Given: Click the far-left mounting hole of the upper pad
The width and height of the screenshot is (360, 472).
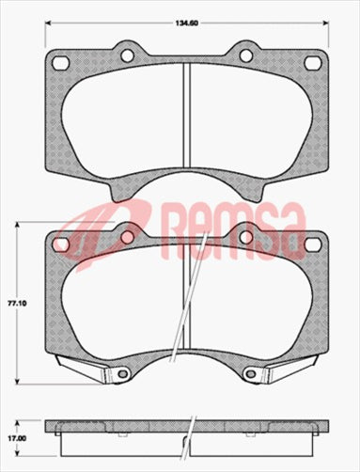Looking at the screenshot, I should [62, 63].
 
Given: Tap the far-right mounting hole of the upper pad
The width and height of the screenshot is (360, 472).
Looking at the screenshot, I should [312, 63].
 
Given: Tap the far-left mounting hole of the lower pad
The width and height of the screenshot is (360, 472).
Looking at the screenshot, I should [62, 244].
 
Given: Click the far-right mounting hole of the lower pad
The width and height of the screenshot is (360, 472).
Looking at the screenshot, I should [312, 244].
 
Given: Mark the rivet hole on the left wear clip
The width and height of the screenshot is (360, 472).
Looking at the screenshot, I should [121, 374].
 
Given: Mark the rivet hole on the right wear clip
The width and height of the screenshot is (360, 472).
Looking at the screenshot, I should [254, 374].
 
